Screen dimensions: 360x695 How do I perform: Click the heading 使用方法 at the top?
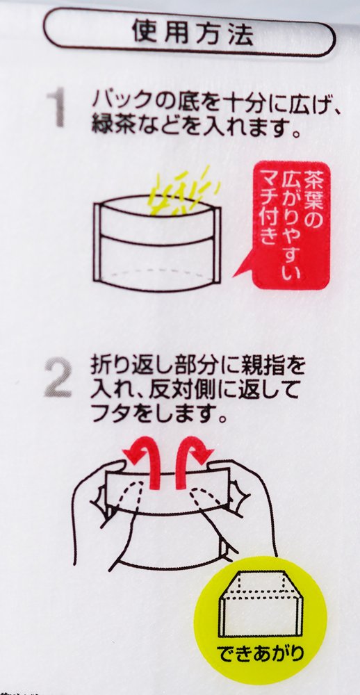click(193, 33)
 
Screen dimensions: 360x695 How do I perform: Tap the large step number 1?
click(56, 107)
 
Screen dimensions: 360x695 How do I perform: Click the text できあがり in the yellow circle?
click(261, 653)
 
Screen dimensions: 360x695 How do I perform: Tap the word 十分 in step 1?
click(235, 101)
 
